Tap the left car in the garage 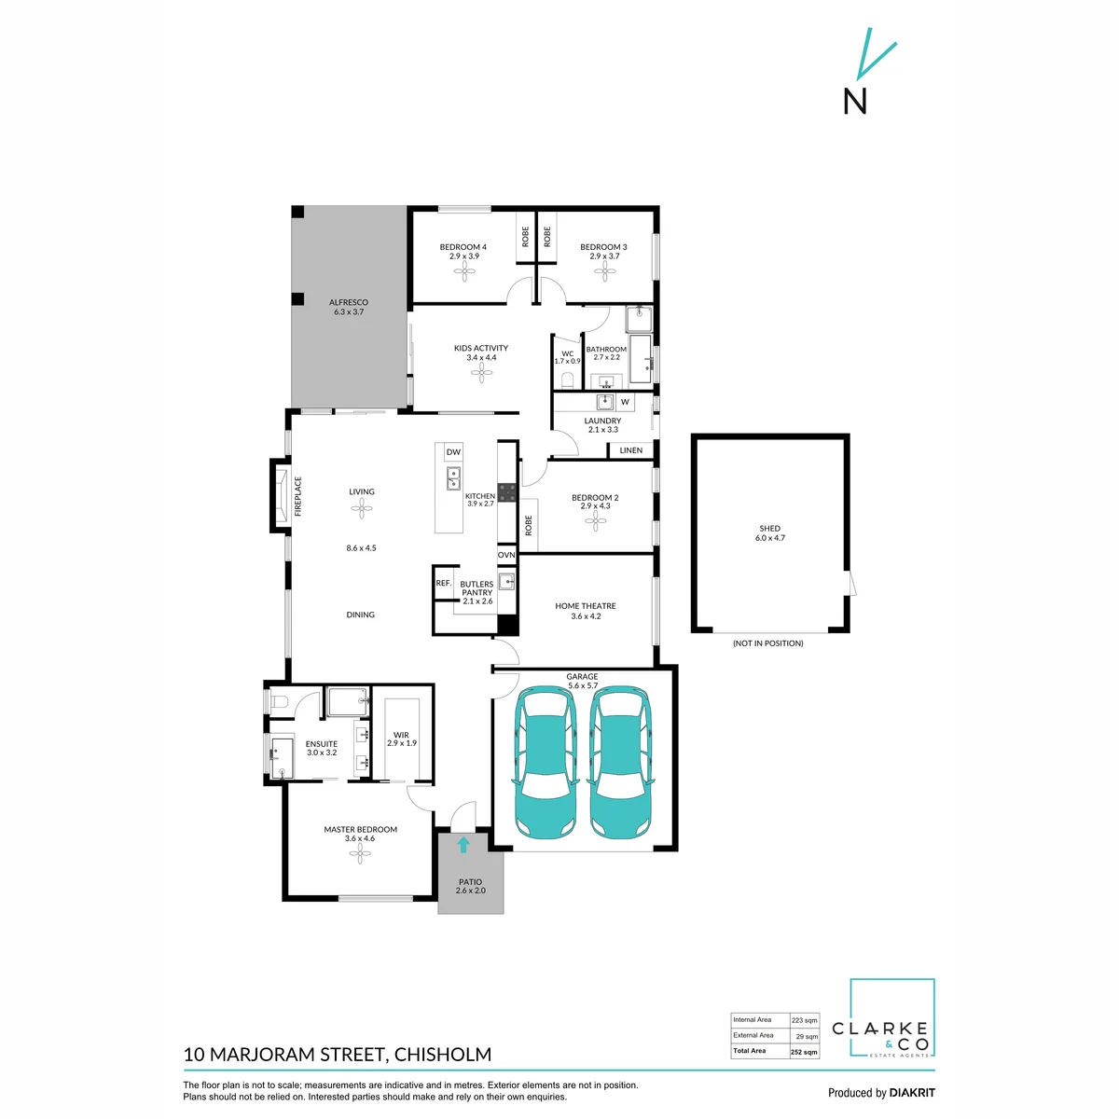pyautogui.click(x=546, y=763)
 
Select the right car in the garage pyautogui.click(x=619, y=763)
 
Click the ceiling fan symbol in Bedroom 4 pyautogui.click(x=464, y=271)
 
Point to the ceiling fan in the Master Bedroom pyautogui.click(x=360, y=853)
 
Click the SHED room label pyautogui.click(x=769, y=529)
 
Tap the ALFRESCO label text pyautogui.click(x=349, y=302)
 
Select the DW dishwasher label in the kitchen pyautogui.click(x=453, y=452)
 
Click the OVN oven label pyautogui.click(x=506, y=555)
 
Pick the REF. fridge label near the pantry pyautogui.click(x=444, y=583)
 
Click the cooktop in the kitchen pyautogui.click(x=506, y=492)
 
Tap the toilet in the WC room pyautogui.click(x=567, y=381)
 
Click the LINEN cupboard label pyautogui.click(x=630, y=450)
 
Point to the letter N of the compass pyautogui.click(x=855, y=102)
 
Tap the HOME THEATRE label pyautogui.click(x=586, y=606)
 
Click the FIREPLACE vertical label pyautogui.click(x=297, y=496)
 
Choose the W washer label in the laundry pyautogui.click(x=625, y=402)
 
